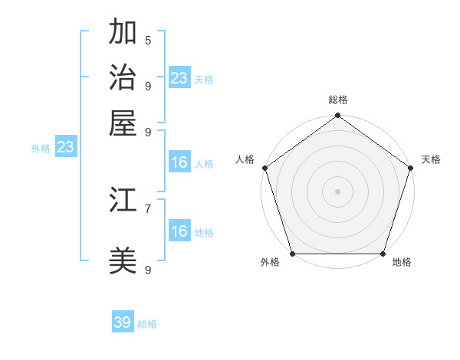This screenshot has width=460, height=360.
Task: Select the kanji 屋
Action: click(123, 123)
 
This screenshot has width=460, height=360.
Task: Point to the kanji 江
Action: click(123, 200)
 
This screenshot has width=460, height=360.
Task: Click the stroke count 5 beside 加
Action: click(148, 40)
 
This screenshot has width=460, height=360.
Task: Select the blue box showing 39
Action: click(123, 322)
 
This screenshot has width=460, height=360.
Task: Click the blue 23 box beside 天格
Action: click(179, 78)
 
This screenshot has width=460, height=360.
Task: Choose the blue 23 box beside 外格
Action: click(65, 148)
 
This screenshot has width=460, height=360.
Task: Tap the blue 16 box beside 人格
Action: click(179, 162)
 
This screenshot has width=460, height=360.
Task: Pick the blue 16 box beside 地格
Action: click(179, 231)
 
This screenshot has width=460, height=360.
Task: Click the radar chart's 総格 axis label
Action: click(338, 100)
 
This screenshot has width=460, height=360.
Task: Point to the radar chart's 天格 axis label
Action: click(431, 159)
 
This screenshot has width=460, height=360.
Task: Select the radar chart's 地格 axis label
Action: click(402, 263)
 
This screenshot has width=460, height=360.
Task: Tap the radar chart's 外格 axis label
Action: click(270, 263)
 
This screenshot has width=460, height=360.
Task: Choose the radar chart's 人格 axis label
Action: click(245, 159)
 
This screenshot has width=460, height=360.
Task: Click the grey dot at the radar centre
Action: click(337, 191)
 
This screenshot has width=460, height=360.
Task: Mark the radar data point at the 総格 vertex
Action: click(337, 116)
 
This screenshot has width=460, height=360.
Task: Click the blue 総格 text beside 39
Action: click(147, 324)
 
